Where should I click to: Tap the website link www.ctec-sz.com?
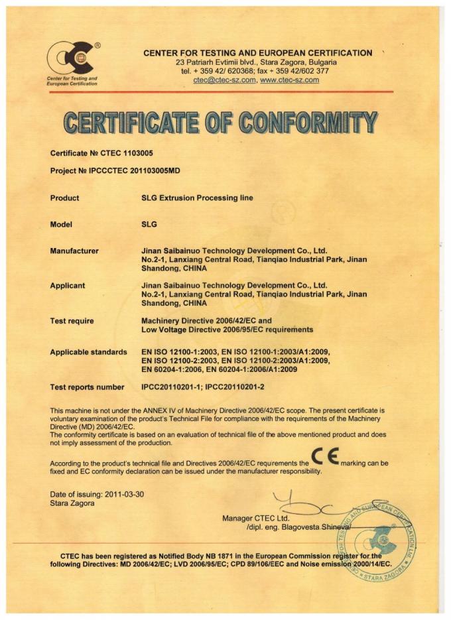pos(290,80)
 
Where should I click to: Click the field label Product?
pos(64,198)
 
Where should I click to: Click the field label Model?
pos(61,225)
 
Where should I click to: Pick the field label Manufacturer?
pos(74,251)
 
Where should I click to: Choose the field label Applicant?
pos(68,286)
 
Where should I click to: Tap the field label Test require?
pos(72,321)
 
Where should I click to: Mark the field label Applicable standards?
pos(88,352)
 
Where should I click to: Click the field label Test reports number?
pos(87,387)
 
